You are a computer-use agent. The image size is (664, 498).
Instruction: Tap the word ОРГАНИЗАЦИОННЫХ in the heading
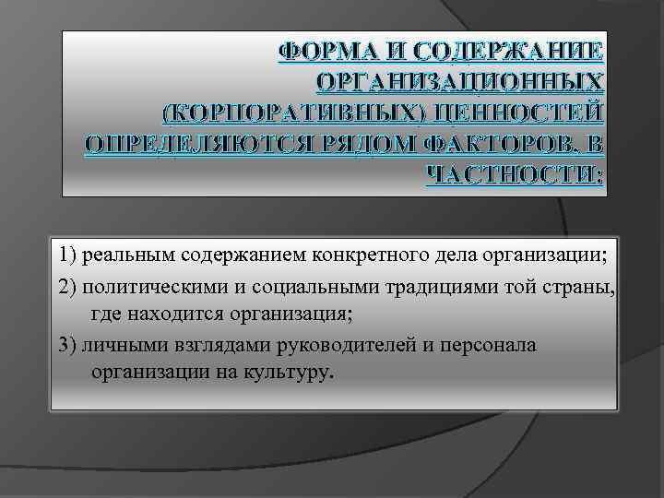pyautogui.click(x=461, y=81)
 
